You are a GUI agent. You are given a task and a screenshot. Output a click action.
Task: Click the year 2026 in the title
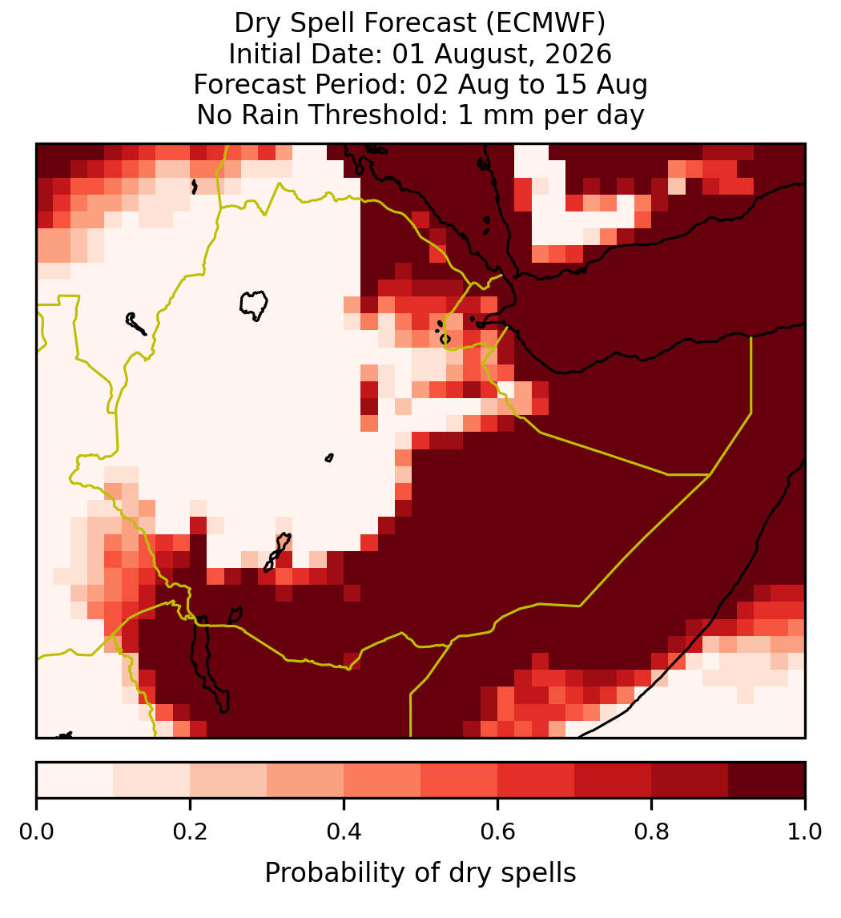point(578,54)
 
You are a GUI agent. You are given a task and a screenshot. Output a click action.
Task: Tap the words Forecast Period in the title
point(300,84)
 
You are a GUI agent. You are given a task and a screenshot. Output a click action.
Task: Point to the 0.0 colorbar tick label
point(36,832)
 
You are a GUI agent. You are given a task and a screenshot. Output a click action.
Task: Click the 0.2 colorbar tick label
point(190,832)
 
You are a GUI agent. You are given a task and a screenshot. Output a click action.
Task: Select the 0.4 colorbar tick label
point(344,832)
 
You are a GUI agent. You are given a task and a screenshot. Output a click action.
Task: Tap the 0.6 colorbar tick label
point(497,832)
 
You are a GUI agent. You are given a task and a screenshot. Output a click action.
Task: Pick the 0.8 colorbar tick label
point(651,832)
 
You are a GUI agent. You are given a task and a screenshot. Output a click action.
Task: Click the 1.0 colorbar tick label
point(805,832)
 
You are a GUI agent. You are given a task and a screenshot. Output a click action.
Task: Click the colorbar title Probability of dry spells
point(420,873)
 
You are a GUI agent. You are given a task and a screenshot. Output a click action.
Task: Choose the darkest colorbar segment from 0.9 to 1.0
point(767,780)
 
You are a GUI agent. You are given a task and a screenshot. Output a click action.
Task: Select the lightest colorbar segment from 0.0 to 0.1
point(75,780)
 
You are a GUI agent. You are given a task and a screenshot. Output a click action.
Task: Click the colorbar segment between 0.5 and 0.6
point(460,780)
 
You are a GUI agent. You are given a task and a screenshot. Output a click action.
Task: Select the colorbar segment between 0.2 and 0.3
point(228,780)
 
